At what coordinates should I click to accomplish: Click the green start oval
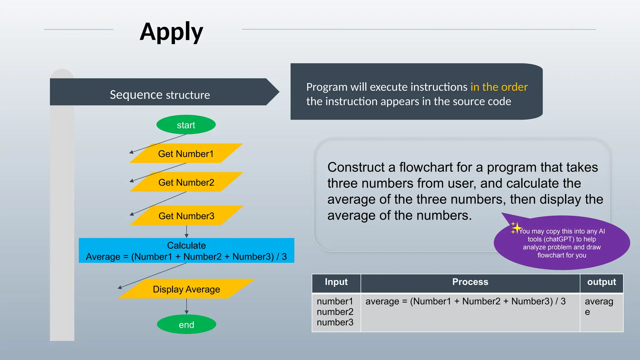(186, 125)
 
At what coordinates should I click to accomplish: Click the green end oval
(186, 324)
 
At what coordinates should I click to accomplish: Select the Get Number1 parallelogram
(186, 153)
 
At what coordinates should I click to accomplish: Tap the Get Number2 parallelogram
(186, 182)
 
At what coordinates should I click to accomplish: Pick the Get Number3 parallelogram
(186, 216)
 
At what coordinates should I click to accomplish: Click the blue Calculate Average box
(186, 251)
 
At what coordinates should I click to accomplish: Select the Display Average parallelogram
(186, 289)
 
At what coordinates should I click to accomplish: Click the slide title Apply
(171, 32)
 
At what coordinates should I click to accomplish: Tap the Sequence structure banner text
(160, 95)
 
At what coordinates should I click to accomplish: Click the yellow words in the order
(499, 87)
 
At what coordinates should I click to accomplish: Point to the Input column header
(336, 282)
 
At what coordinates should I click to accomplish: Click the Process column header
(470, 282)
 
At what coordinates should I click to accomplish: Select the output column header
(601, 282)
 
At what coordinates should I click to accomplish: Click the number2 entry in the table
(335, 312)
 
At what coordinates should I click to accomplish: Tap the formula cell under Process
(465, 301)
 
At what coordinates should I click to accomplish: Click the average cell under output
(598, 306)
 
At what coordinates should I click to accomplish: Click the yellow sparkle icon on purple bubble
(516, 228)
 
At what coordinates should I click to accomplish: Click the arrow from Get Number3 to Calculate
(187, 232)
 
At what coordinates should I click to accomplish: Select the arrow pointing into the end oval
(187, 307)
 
